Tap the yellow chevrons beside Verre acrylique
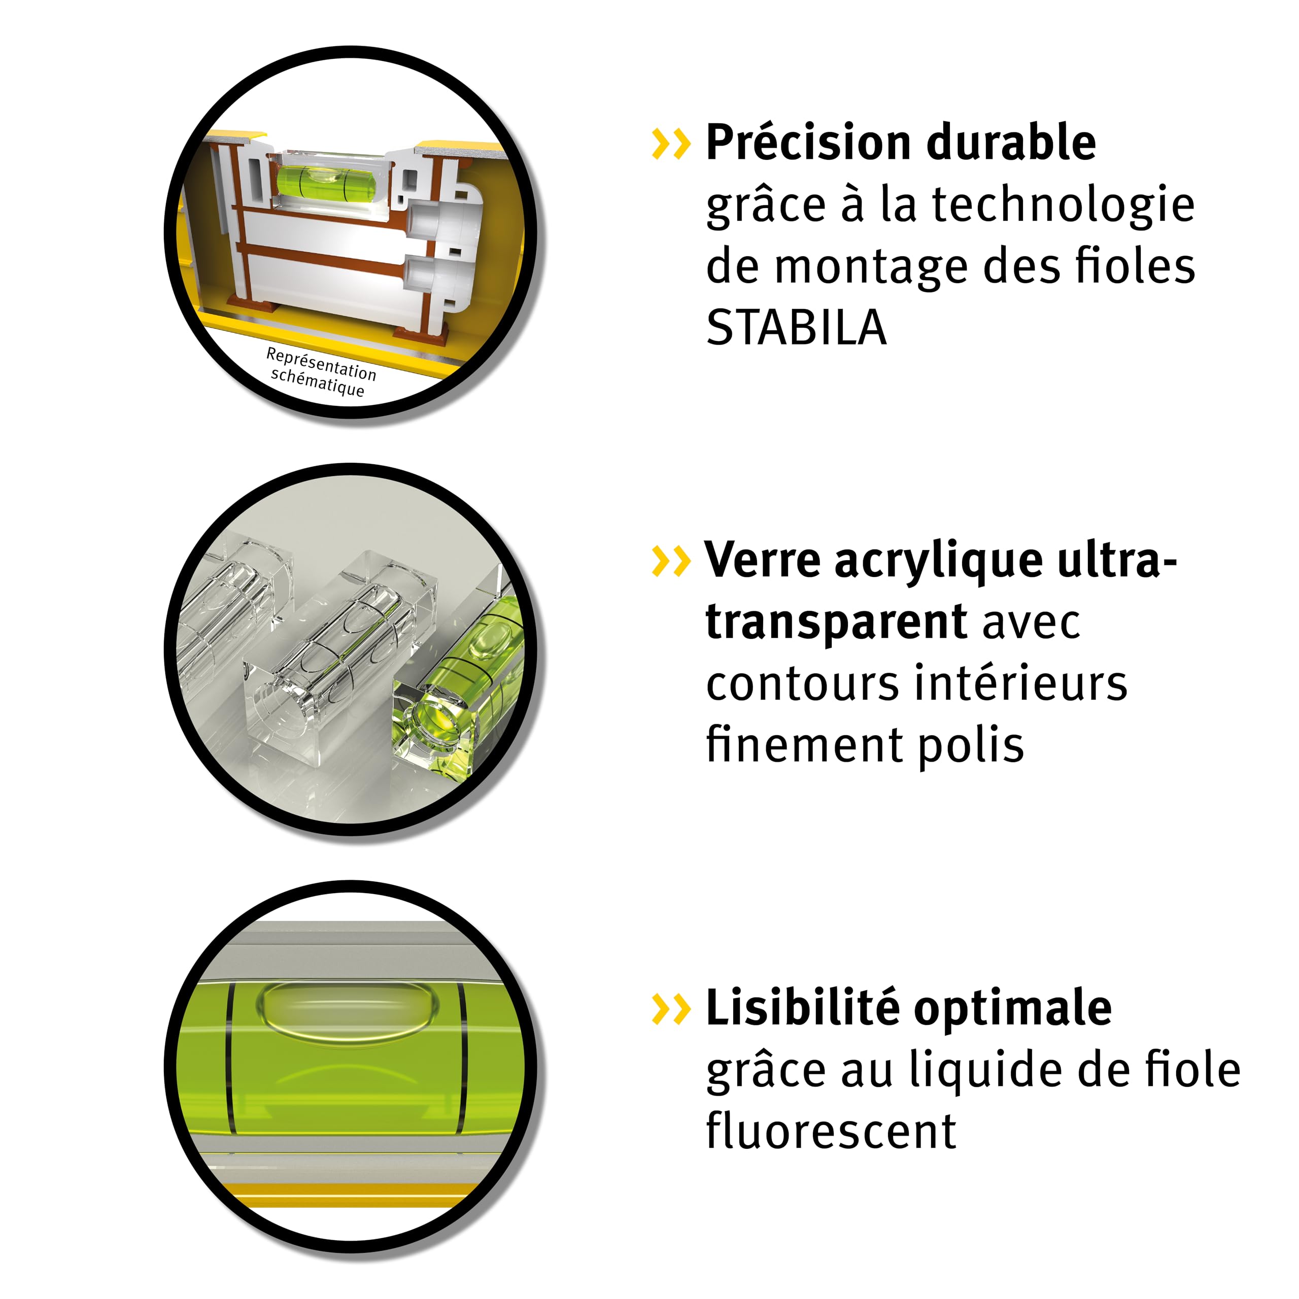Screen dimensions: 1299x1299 pos(671,561)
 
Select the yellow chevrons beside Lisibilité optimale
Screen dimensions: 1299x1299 pos(671,1009)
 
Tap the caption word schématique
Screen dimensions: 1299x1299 pos(317,383)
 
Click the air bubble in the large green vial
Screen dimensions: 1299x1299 pos(348,1009)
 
